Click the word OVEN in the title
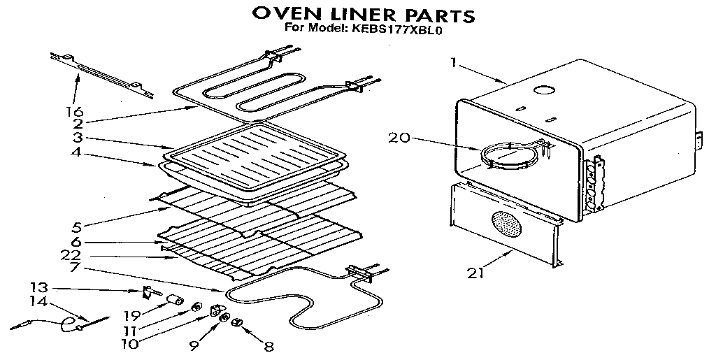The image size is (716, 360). (280, 14)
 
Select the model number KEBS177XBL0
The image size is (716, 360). (404, 29)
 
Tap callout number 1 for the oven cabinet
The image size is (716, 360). (454, 63)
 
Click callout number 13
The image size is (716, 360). (38, 287)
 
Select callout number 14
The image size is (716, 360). (38, 303)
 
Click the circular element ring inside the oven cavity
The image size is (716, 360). (512, 155)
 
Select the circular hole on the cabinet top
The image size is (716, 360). (542, 90)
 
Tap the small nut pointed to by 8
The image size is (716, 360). (238, 322)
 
